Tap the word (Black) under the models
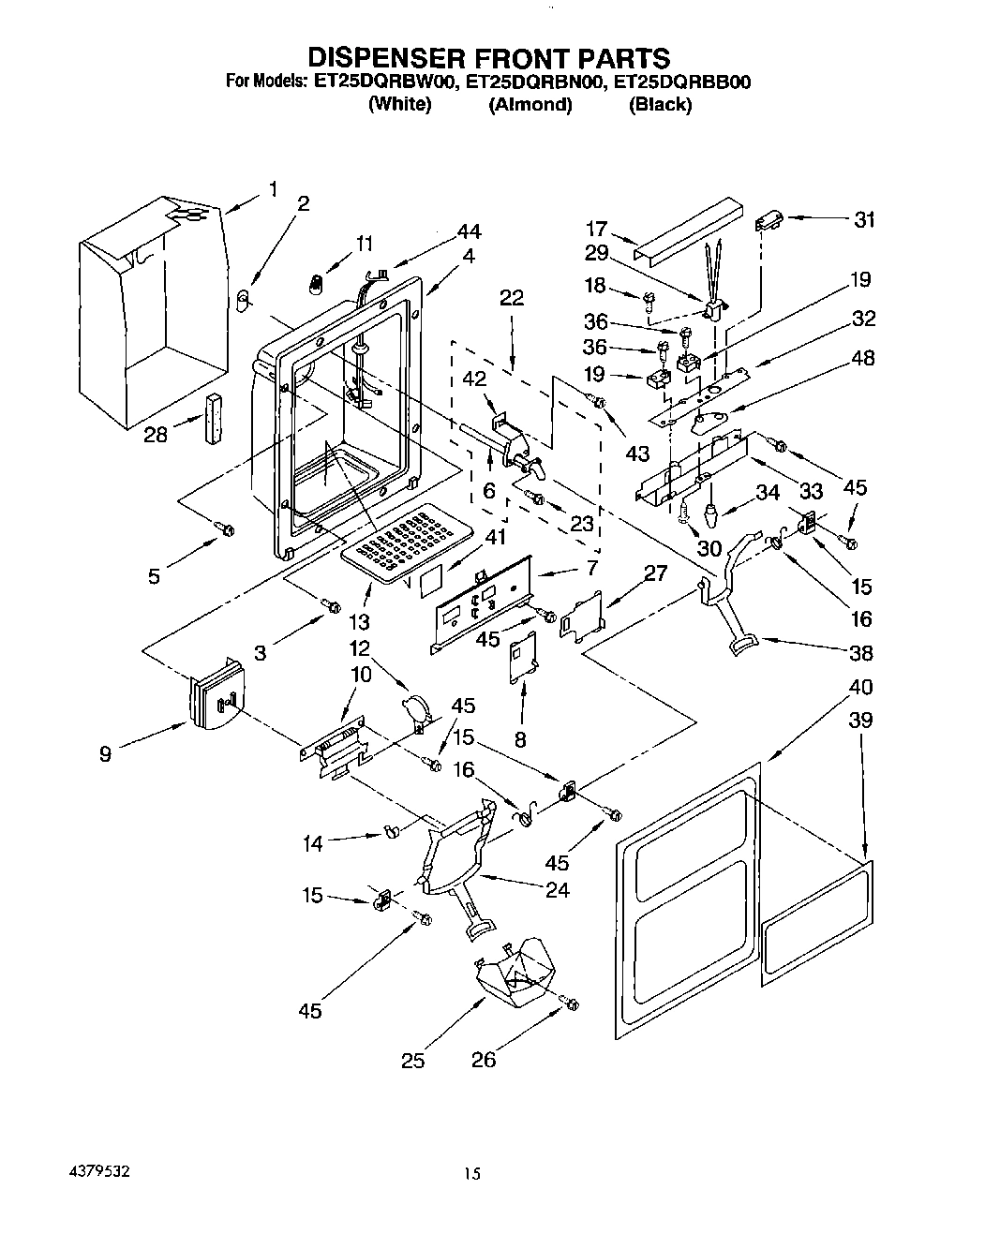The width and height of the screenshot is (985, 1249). tap(660, 104)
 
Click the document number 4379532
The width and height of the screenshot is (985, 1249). tap(97, 1171)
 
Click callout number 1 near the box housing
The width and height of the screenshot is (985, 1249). tap(273, 189)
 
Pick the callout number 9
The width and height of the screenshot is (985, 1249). tap(106, 752)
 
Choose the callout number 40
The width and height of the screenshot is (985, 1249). tap(859, 687)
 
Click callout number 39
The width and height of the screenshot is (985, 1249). tap(859, 720)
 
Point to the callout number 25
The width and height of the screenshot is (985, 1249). tap(413, 1060)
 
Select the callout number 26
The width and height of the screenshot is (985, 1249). tap(484, 1060)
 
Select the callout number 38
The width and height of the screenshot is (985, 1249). tap(860, 654)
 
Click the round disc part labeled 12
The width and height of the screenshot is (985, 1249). tap(415, 707)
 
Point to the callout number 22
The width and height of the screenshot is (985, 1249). tap(512, 299)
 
